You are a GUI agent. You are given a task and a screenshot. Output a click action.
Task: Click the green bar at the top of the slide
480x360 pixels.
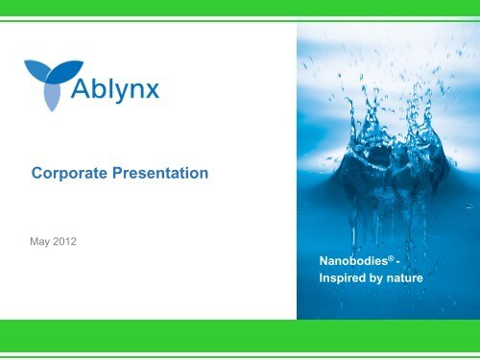[240, 8]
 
